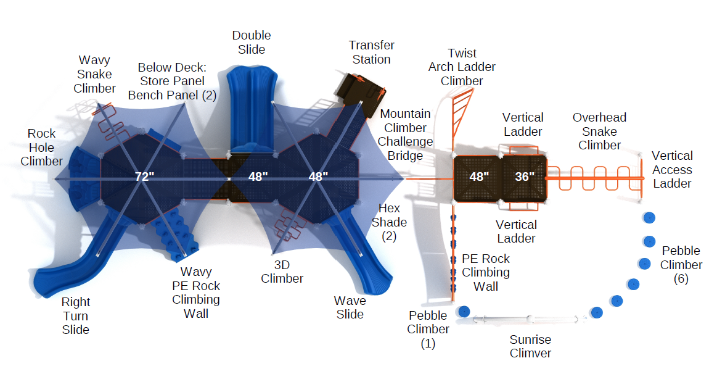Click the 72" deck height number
(145, 177)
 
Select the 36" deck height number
(525, 177)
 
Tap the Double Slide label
(252, 43)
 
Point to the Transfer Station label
(371, 52)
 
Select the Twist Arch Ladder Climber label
(462, 67)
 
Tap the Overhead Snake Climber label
(599, 131)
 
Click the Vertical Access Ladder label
(672, 169)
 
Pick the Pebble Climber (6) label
(681, 264)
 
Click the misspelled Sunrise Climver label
(530, 346)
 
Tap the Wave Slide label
(350, 307)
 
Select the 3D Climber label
(282, 272)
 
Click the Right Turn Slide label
(76, 315)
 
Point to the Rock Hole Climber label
(41, 148)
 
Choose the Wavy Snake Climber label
(94, 74)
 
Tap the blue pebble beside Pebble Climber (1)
(464, 312)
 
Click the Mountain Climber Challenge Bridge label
(405, 135)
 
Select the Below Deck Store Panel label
(171, 81)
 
